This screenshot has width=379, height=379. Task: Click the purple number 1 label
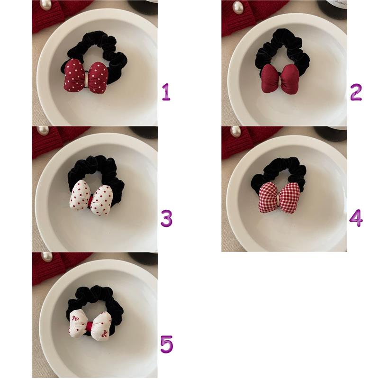166,92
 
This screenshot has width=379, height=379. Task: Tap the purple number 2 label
356,92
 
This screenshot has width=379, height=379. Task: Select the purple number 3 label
167,218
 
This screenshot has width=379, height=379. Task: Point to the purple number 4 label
356,218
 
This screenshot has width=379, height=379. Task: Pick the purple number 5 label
167,344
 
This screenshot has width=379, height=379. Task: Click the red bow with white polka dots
86,76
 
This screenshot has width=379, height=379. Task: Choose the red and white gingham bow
279,198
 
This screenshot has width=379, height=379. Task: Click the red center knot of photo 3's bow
91,200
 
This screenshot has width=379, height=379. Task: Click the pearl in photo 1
46,5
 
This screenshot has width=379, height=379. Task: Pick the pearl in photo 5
46,257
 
